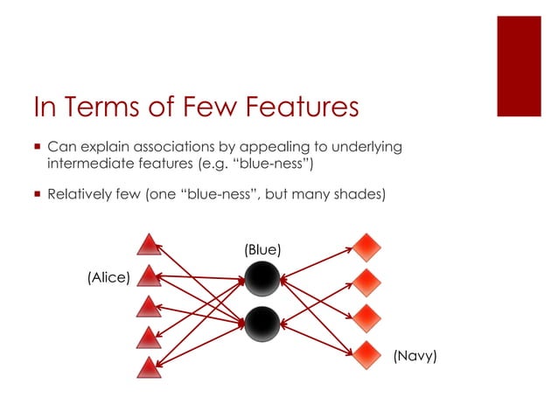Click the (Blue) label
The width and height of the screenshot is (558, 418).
pyautogui.click(x=262, y=249)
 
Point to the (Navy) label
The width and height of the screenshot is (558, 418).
pyautogui.click(x=415, y=356)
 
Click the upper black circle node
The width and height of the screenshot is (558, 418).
pyautogui.click(x=262, y=279)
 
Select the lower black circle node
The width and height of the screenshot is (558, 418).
pyautogui.click(x=262, y=324)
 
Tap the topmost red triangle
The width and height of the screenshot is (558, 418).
pyautogui.click(x=150, y=244)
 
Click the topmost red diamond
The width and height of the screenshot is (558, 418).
pyautogui.click(x=365, y=247)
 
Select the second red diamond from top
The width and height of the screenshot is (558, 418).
pyautogui.click(x=365, y=282)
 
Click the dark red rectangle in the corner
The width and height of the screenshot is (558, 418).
pyautogui.click(x=520, y=66)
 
